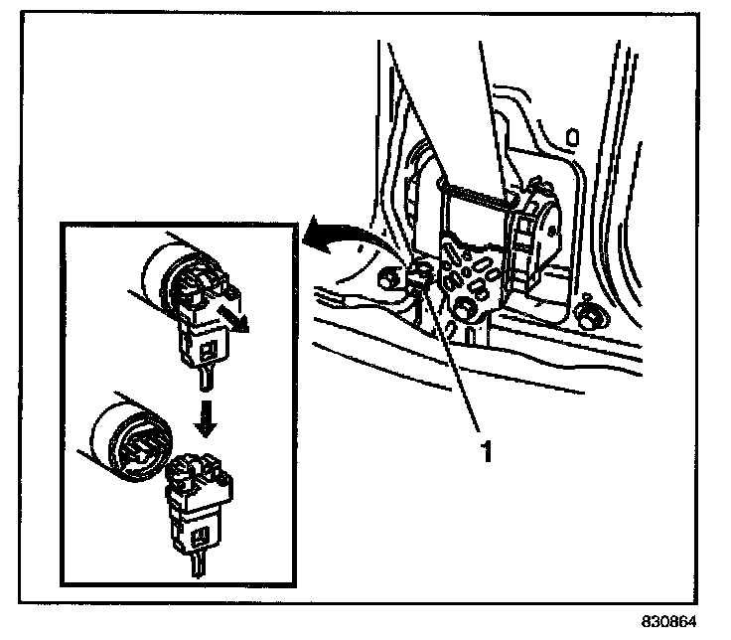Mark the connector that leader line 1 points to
418,281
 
